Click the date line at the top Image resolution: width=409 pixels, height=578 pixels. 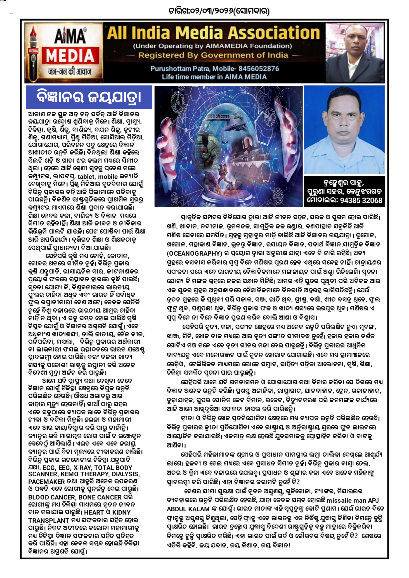[219, 11]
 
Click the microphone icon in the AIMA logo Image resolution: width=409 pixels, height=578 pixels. [33, 54]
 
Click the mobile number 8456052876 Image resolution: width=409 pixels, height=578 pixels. [259, 69]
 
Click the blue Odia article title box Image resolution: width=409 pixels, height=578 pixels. [89, 97]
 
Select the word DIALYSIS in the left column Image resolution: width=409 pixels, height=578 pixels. [125, 474]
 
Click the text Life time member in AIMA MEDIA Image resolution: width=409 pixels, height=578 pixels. [214, 77]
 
